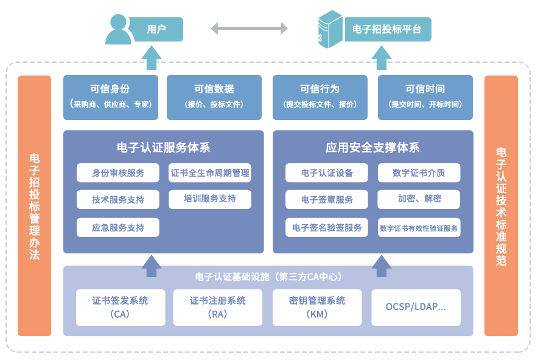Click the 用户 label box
click(x=157, y=29)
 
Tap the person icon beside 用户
click(x=119, y=30)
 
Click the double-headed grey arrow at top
click(x=249, y=28)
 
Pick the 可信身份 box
click(x=110, y=96)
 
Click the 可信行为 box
click(x=320, y=96)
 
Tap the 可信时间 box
click(x=425, y=96)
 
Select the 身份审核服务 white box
click(x=118, y=173)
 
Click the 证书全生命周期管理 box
click(x=210, y=173)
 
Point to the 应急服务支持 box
click(x=118, y=227)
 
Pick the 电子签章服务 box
click(x=327, y=200)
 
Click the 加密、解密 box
click(x=419, y=199)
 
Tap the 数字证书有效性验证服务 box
click(x=419, y=228)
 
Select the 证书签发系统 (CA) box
click(x=120, y=307)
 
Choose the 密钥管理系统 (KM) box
click(x=316, y=307)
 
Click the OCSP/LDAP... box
click(x=416, y=307)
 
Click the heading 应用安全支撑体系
click(x=372, y=148)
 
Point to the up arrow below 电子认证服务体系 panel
click(x=152, y=262)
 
